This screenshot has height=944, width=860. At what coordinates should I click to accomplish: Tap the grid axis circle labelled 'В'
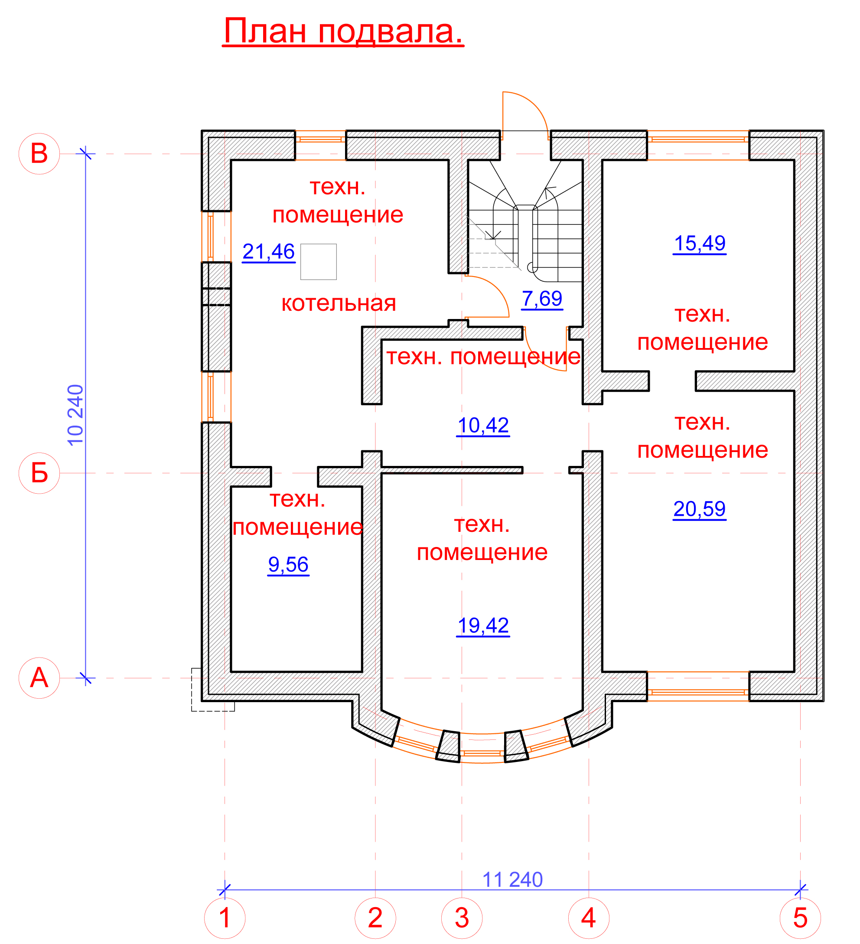[39, 153]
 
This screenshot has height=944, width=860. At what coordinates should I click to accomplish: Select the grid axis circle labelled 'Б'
[39, 473]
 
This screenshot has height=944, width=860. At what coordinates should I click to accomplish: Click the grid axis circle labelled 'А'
[39, 678]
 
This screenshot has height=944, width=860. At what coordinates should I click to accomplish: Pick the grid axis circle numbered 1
[225, 918]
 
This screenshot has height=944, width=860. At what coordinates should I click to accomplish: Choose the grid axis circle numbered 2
[375, 918]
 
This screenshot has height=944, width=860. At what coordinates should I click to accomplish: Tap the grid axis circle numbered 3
[462, 918]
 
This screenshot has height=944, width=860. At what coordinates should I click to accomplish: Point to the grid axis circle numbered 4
[589, 918]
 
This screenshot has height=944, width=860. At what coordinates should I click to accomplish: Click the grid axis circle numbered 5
[801, 918]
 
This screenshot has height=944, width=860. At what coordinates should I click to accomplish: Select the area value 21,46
[268, 252]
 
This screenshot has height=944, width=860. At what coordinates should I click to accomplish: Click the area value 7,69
[542, 299]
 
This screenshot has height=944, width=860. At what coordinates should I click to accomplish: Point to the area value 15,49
[700, 244]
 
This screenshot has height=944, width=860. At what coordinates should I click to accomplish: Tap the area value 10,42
[483, 426]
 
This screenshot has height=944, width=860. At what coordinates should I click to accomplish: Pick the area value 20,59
[700, 509]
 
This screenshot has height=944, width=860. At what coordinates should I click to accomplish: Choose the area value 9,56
[288, 565]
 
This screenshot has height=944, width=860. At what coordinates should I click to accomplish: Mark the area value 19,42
[483, 625]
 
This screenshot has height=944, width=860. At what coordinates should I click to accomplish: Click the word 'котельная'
[339, 303]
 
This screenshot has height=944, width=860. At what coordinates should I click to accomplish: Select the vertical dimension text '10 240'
[75, 415]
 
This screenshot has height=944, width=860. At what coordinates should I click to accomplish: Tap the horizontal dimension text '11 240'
[512, 880]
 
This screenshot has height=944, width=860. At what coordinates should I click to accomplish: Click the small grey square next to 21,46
[319, 262]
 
